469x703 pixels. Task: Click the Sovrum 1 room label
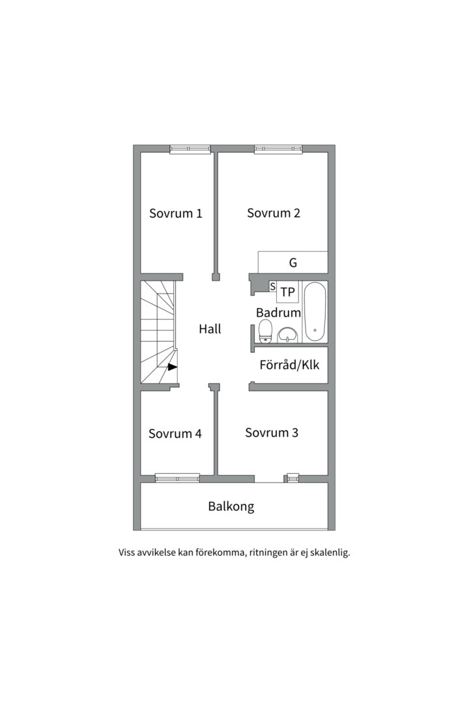tap(175, 214)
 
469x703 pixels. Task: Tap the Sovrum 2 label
tap(274, 213)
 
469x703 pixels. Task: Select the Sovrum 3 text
tap(272, 433)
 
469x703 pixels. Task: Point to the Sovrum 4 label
tap(175, 434)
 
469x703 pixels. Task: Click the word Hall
tap(210, 329)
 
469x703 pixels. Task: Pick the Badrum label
tap(278, 312)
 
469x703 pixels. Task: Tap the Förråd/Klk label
tap(289, 365)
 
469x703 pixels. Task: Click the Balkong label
tap(231, 506)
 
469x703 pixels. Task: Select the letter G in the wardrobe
tap(293, 263)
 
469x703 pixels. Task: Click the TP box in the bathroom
tap(288, 292)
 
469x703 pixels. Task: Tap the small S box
tap(272, 286)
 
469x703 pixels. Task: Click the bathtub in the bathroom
tap(315, 312)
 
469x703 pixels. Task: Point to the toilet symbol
tap(266, 331)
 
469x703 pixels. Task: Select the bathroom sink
tap(287, 335)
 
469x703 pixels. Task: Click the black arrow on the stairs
tap(173, 366)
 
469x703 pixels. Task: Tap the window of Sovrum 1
tap(190, 149)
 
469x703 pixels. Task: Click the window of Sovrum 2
tap(278, 149)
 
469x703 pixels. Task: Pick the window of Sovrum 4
tap(177, 478)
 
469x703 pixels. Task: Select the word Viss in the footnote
tap(126, 553)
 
